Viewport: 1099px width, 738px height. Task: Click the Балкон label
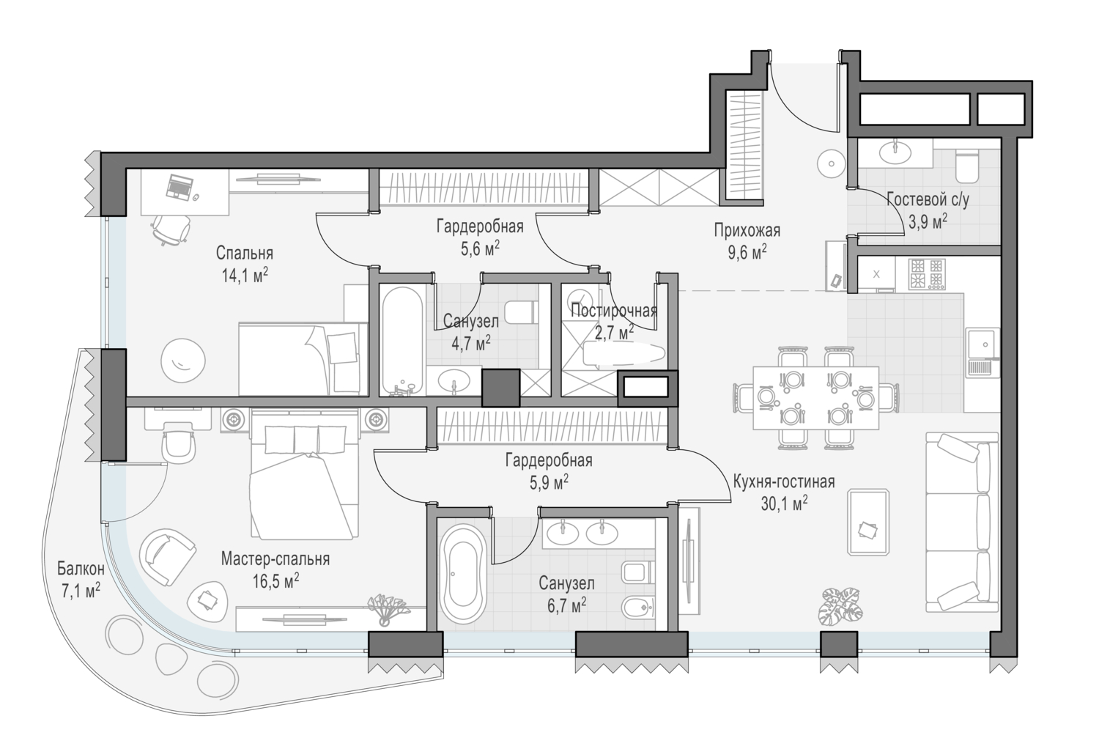81,569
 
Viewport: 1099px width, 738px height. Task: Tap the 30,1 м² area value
784,503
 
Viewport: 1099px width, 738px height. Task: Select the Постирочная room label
614,311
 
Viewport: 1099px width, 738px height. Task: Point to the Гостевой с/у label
928,200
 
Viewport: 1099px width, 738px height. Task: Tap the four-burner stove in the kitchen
928,274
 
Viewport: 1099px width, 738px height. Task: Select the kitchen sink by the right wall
983,353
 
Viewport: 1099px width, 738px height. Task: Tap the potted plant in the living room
840,608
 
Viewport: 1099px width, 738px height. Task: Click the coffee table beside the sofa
868,522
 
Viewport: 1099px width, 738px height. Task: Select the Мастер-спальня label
275,559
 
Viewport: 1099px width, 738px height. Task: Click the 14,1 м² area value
245,276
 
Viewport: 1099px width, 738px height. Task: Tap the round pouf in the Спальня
183,360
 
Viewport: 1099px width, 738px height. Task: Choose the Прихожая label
747,230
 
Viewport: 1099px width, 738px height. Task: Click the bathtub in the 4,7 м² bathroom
402,341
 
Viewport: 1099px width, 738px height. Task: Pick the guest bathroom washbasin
895,152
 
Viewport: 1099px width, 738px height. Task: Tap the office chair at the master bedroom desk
179,444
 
